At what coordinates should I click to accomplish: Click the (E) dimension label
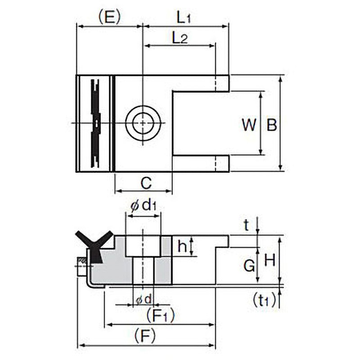pyautogui.click(x=109, y=17)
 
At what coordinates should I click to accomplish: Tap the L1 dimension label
pyautogui.click(x=184, y=18)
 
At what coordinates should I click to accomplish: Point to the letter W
pyautogui.click(x=249, y=125)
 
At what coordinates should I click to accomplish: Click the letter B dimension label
pyautogui.click(x=272, y=125)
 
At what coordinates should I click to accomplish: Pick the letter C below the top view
pyautogui.click(x=146, y=184)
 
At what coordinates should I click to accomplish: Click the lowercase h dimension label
pyautogui.click(x=182, y=246)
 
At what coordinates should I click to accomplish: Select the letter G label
pyautogui.click(x=249, y=265)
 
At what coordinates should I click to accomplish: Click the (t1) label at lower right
pyautogui.click(x=264, y=300)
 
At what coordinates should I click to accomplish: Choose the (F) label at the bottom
pyautogui.click(x=145, y=335)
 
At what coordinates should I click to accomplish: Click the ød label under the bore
pyautogui.click(x=144, y=300)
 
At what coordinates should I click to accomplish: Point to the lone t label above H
pyautogui.click(x=246, y=225)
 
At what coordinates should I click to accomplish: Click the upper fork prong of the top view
pyautogui.click(x=201, y=83)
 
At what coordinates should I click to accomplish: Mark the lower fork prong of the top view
pyautogui.click(x=201, y=163)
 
